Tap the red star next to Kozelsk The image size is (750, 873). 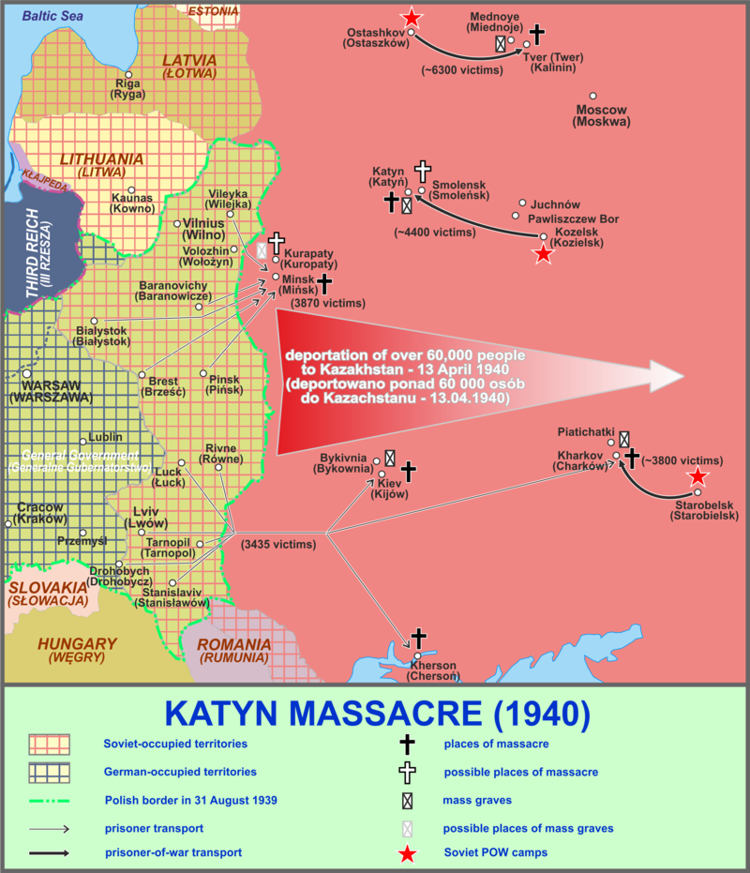click(543, 253)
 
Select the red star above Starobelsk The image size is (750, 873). click(698, 475)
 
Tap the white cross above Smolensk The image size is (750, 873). click(423, 171)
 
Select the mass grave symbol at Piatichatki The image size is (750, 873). click(624, 438)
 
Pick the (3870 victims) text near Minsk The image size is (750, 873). click(327, 303)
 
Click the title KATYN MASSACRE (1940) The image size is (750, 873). click(377, 714)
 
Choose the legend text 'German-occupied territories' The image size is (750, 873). click(179, 772)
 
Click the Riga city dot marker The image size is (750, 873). click(129, 74)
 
